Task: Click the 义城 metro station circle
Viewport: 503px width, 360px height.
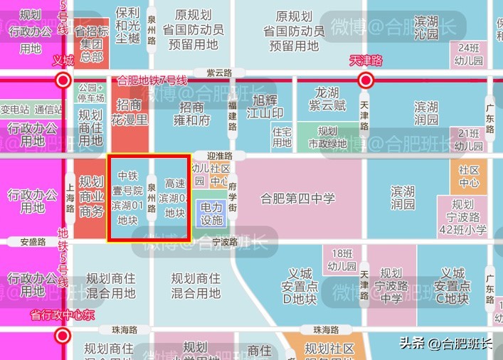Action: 63,80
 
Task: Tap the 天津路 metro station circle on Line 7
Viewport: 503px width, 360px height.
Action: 366,80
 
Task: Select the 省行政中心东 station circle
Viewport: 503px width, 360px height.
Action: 63,335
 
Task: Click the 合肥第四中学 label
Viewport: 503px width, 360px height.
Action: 297,198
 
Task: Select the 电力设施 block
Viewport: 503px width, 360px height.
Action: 211,213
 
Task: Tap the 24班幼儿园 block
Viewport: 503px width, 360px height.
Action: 469,54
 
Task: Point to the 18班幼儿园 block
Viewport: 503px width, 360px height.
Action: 342,258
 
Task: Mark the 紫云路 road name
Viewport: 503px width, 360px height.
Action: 219,73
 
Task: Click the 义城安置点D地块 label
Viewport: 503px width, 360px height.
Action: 300,286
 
